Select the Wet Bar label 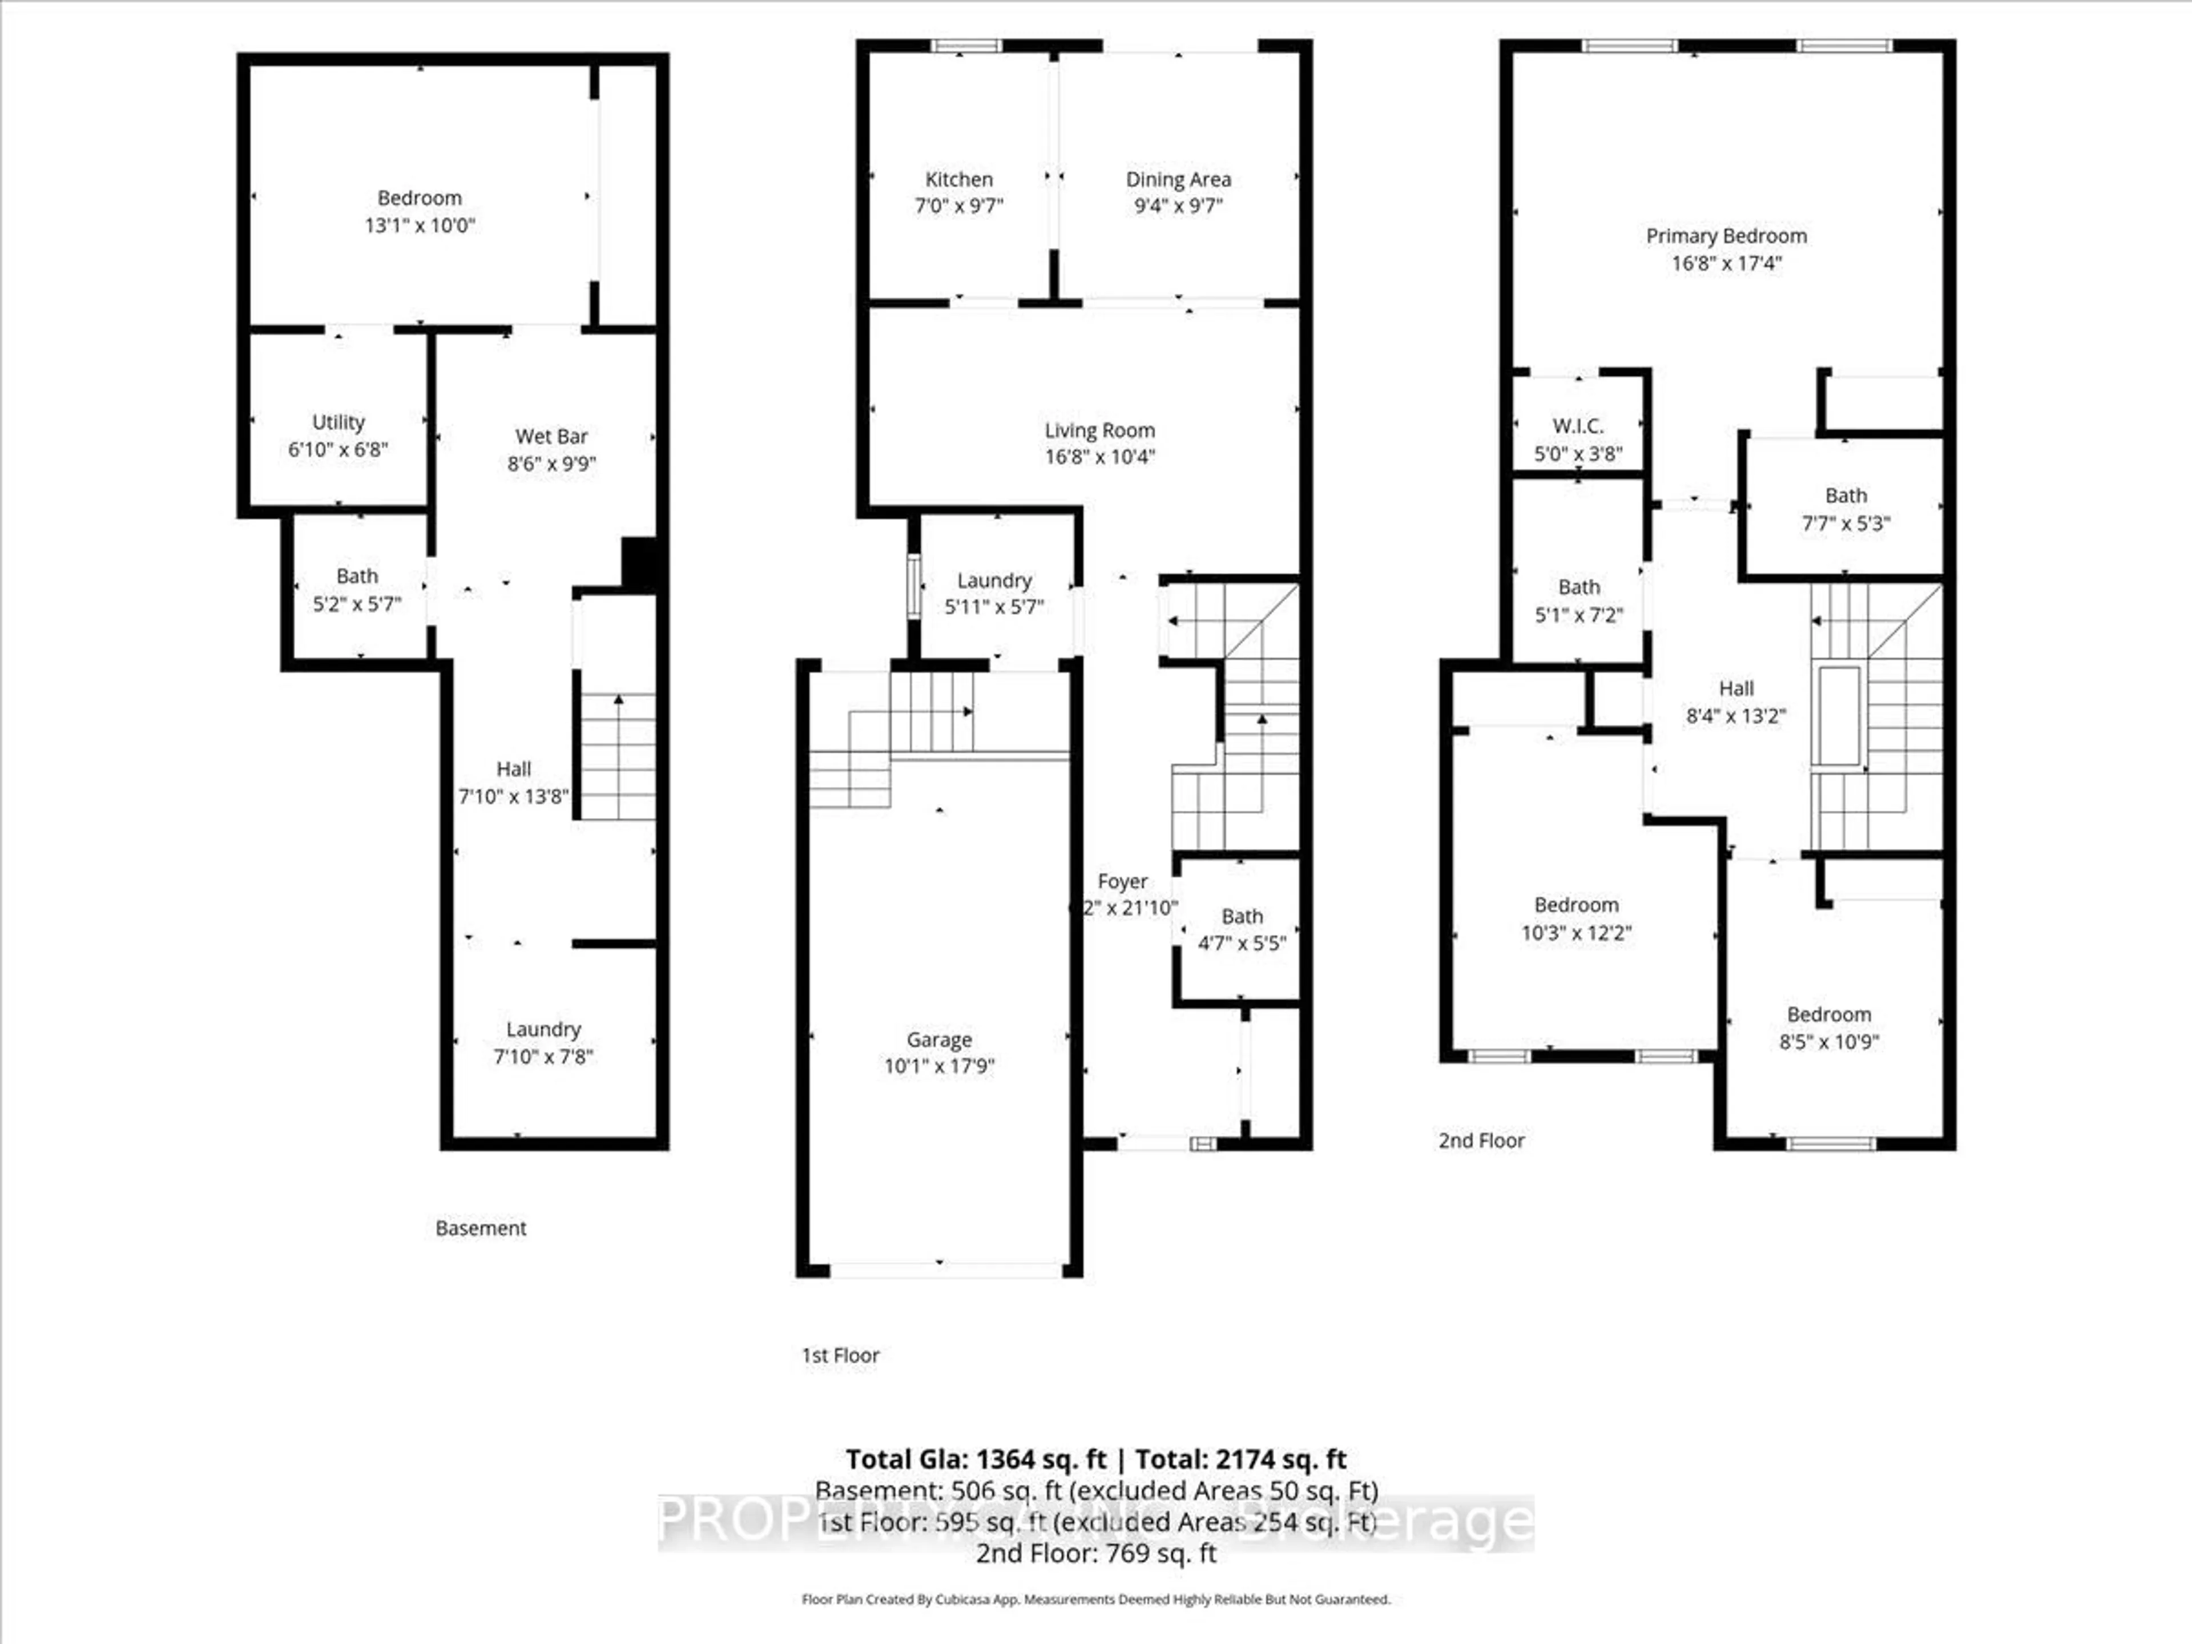point(551,436)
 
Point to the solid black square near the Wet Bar point(639,563)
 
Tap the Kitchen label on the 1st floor point(958,179)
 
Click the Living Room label point(1099,430)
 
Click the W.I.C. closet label point(1578,426)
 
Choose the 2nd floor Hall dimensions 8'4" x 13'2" point(1735,715)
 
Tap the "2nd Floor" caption point(1481,1141)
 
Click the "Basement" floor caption point(481,1228)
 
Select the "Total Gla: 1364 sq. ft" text point(975,1458)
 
